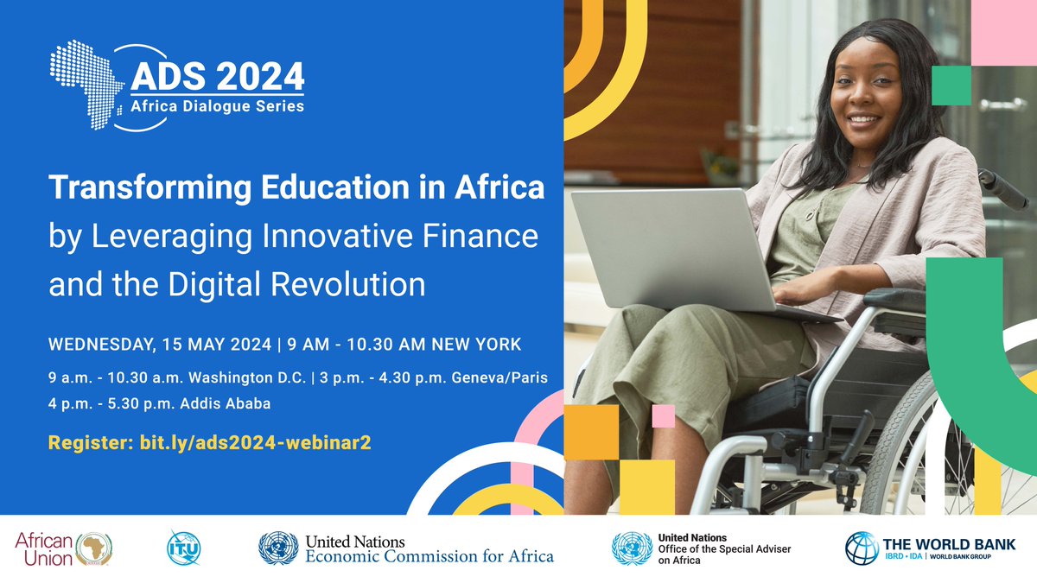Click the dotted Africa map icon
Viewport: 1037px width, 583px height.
(x=86, y=83)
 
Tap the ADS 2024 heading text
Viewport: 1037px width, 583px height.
(x=217, y=78)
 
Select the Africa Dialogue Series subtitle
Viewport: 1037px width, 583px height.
(x=217, y=107)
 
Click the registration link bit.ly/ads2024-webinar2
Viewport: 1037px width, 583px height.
(x=251, y=442)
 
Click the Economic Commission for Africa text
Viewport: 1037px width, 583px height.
(x=429, y=556)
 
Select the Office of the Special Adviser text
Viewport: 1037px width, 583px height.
(x=723, y=549)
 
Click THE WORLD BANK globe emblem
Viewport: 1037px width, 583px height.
(x=862, y=548)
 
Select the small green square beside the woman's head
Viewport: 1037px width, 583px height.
(x=951, y=84)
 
